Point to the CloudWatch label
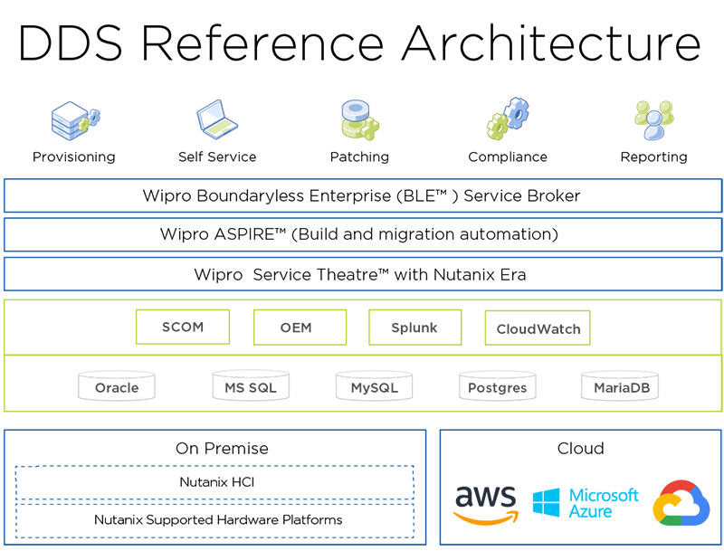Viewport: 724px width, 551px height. pos(538,328)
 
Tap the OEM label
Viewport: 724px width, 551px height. pos(291,328)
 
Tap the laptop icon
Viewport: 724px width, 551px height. pos(217,119)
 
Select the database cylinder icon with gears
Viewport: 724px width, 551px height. pos(360,119)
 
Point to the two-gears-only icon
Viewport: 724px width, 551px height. pos(506,119)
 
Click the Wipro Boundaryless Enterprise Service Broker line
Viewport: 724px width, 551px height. pos(367,195)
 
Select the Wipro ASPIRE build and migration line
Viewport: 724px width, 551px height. pos(367,234)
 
